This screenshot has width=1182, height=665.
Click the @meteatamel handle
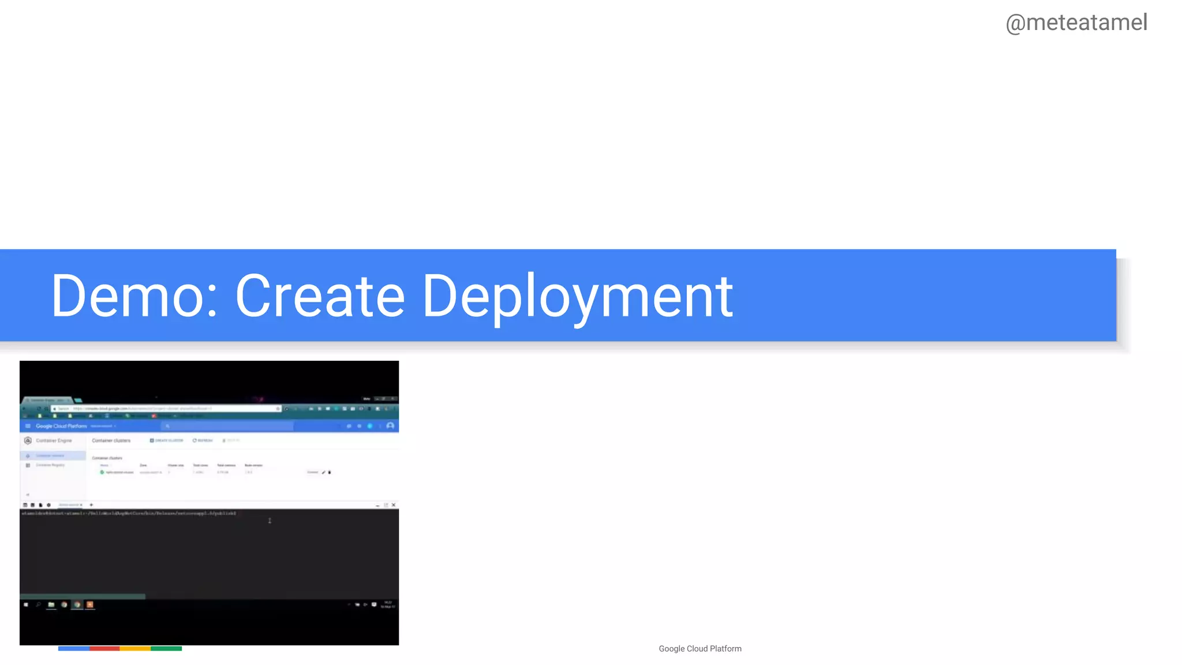pos(1076,23)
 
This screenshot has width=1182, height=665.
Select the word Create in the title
pos(320,296)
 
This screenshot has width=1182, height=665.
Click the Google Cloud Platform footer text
pos(700,649)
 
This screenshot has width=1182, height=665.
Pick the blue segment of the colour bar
pos(74,649)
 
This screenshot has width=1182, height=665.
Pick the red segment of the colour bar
pos(104,649)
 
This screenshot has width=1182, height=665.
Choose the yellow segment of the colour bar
pos(135,649)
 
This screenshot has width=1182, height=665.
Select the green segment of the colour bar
pos(166,649)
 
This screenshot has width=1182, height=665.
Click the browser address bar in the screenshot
pos(167,409)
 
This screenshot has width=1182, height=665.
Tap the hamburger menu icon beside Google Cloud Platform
pos(28,426)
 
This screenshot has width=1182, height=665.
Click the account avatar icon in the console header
pos(390,426)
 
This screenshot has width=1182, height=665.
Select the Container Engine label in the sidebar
pos(54,440)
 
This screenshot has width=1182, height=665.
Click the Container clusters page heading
pos(111,440)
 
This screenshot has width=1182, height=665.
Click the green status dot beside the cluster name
pos(102,472)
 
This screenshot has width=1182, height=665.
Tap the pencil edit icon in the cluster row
pos(323,472)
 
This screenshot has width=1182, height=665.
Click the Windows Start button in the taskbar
pos(26,605)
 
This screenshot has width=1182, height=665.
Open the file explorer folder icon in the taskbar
pos(51,605)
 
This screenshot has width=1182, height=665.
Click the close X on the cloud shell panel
pos(394,505)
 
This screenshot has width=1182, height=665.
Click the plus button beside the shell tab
pos(91,505)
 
